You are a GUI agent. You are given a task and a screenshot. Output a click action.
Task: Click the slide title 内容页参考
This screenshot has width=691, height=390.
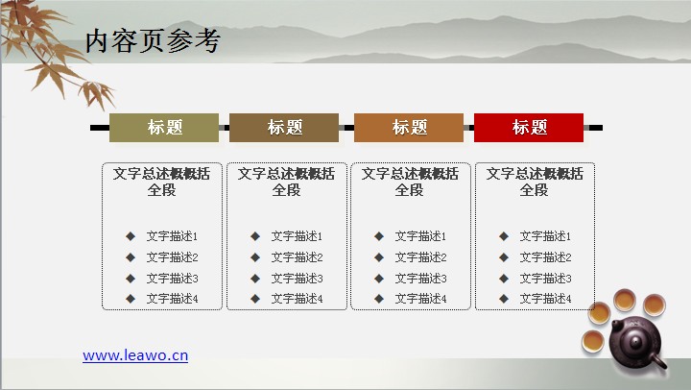[x=153, y=41]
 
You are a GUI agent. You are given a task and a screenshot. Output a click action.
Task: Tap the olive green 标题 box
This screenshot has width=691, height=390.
[x=164, y=128]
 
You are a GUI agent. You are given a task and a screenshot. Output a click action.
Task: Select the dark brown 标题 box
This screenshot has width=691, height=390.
[x=284, y=128]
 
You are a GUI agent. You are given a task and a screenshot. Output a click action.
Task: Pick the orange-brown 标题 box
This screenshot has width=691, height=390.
[x=409, y=128]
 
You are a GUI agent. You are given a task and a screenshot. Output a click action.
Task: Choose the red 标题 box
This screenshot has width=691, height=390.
[x=529, y=128]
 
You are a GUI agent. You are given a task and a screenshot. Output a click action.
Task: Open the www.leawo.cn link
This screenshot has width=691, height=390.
[x=135, y=355]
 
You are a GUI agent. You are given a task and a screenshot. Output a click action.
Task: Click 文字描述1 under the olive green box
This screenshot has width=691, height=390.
[x=172, y=236]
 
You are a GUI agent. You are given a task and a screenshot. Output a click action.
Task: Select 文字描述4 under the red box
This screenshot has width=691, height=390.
[x=545, y=299]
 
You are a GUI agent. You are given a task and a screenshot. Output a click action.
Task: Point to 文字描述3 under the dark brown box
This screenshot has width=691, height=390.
[x=297, y=279]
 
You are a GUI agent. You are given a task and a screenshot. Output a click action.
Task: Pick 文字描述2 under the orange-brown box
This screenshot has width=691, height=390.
[x=420, y=257]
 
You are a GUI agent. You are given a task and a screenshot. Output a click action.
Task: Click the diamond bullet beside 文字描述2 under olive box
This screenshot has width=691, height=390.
[x=131, y=257]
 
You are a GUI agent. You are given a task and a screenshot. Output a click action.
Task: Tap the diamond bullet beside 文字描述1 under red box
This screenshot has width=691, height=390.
[x=504, y=236]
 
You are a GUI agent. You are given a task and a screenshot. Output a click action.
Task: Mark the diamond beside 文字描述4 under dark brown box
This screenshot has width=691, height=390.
[x=255, y=299]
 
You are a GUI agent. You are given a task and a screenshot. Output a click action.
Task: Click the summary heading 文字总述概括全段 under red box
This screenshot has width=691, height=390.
[x=535, y=182]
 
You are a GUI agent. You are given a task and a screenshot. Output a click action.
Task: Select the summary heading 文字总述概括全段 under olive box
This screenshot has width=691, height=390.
[x=162, y=182]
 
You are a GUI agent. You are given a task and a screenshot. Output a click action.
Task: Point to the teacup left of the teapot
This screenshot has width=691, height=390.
[x=593, y=341]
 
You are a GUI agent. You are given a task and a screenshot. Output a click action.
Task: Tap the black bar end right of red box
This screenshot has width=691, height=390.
[x=596, y=128]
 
